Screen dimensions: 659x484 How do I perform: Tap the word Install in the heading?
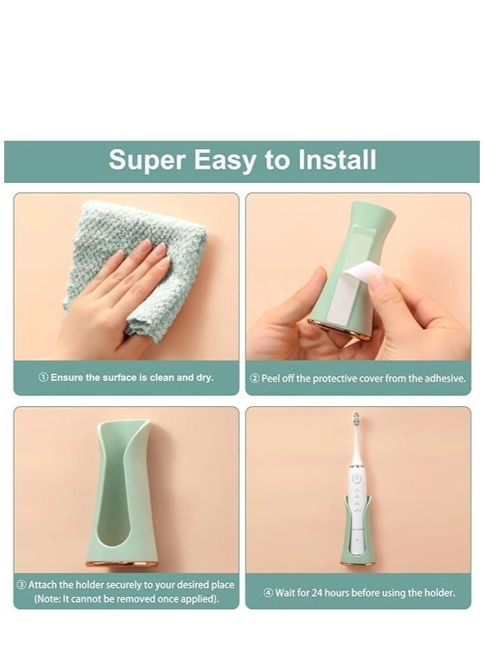point(337,160)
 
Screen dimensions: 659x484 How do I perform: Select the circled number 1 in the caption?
point(43,377)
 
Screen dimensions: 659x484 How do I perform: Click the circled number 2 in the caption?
point(255,378)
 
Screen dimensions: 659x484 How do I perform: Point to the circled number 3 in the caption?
point(22,585)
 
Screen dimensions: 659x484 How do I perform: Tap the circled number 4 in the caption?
point(268,592)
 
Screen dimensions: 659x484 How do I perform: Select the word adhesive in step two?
point(445,378)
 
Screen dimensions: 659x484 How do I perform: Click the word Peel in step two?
point(271,378)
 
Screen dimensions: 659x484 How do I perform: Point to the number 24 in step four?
point(325,592)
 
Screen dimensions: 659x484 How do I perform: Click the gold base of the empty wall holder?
point(126,563)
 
